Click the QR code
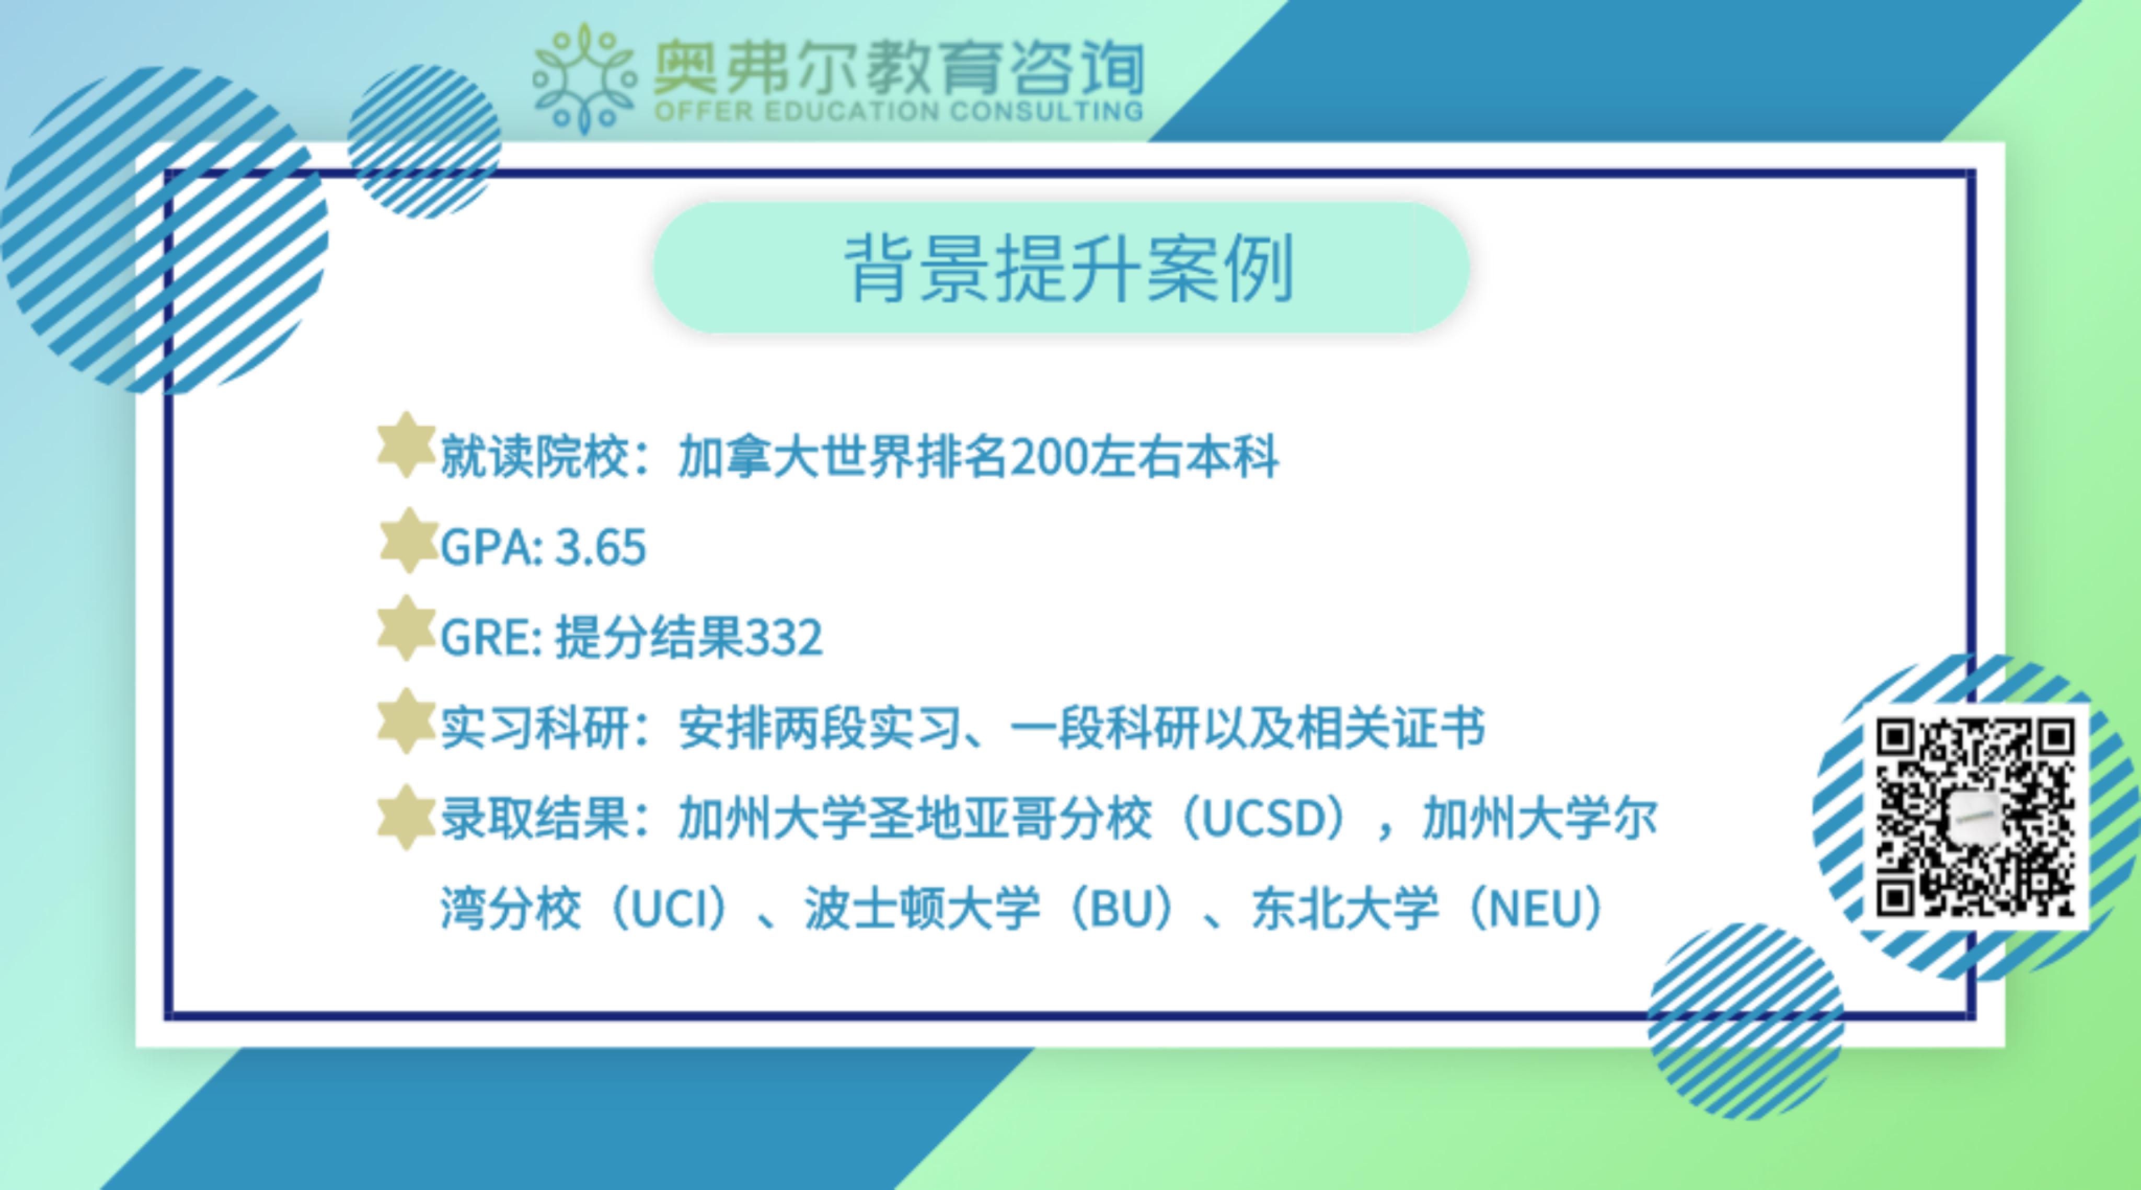click(x=1976, y=817)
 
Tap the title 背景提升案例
click(x=1069, y=268)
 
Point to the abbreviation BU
click(x=1121, y=909)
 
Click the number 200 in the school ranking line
click(x=1050, y=457)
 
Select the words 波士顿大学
click(x=922, y=909)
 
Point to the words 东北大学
click(x=1345, y=909)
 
